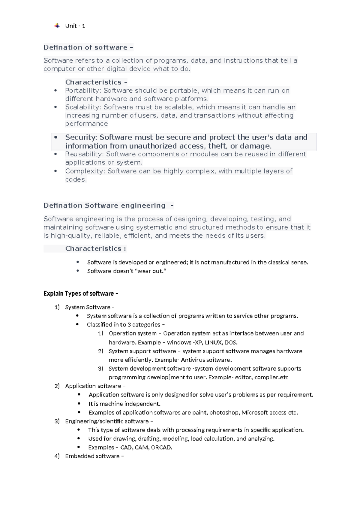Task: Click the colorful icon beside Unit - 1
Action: pos(57,26)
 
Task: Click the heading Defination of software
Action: pos(85,47)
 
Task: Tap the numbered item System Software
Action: pos(88,307)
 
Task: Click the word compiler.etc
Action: pos(271,377)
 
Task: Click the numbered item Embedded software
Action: pos(92,456)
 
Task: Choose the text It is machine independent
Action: pos(124,404)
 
